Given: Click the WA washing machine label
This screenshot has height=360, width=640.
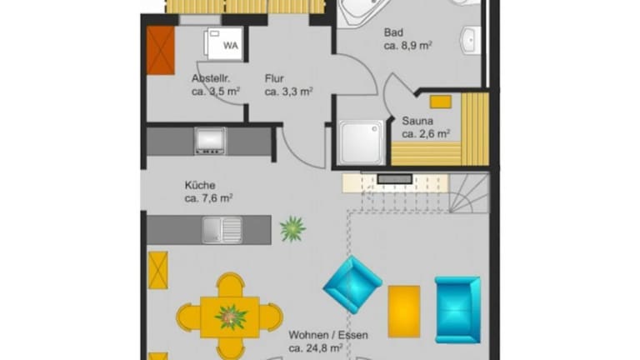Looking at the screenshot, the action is (231, 45).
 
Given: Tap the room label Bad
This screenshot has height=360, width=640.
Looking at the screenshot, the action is (393, 32).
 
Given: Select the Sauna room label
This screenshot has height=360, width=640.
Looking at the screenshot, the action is (417, 121).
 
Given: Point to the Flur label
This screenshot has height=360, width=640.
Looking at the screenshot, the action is (274, 78).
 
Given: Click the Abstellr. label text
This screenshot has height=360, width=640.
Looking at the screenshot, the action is (211, 78).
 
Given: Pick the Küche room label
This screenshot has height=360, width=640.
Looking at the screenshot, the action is (200, 185).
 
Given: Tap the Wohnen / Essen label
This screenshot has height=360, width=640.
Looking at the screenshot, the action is (328, 335).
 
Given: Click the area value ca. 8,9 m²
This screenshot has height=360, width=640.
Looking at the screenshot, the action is (408, 45).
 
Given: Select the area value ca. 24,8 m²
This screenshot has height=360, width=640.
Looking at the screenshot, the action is (316, 348).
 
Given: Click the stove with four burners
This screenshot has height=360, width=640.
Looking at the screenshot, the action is (210, 141).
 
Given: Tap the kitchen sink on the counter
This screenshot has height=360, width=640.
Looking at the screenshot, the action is (222, 230).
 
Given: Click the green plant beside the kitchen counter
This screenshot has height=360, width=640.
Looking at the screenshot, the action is (293, 229).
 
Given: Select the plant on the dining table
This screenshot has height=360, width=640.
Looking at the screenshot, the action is (232, 317).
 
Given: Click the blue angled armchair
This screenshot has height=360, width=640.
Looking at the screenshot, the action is (352, 285).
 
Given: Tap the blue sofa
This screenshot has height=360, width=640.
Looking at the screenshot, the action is (457, 310).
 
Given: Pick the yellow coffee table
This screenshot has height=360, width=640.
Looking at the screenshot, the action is (404, 312).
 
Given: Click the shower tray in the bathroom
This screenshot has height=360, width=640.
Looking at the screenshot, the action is (362, 142).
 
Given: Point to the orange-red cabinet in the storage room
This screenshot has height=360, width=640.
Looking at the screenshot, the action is (161, 51).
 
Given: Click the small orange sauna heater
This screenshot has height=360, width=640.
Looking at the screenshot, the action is (441, 102).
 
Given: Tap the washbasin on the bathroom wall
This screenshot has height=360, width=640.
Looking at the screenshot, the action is (471, 40).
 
